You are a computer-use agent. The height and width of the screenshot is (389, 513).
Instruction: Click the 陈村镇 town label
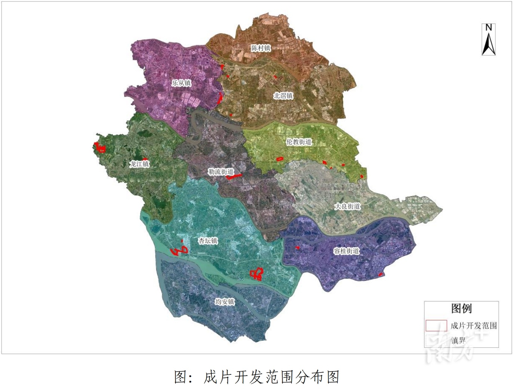(x=261, y=48)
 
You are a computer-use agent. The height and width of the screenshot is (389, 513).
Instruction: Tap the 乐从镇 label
(x=181, y=83)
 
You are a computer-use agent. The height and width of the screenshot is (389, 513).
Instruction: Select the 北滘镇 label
(x=283, y=96)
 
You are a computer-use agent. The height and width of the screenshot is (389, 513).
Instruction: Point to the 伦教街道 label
(x=299, y=142)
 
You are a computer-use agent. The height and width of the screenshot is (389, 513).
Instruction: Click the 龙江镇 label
(x=139, y=164)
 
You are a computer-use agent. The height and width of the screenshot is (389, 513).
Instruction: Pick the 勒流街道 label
(x=221, y=172)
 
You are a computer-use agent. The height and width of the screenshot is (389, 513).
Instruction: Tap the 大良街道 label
(x=347, y=206)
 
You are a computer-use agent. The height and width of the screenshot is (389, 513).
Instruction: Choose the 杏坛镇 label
(x=208, y=241)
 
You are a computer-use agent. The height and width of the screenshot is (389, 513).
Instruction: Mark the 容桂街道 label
(x=346, y=251)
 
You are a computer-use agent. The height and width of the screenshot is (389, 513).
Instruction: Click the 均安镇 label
(x=224, y=301)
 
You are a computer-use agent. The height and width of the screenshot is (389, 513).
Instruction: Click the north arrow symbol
(x=488, y=44)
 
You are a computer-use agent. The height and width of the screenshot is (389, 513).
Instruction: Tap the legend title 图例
(x=461, y=309)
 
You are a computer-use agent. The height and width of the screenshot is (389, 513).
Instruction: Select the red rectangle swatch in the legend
(x=436, y=325)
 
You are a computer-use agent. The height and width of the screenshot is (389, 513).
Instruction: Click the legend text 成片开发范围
(x=474, y=325)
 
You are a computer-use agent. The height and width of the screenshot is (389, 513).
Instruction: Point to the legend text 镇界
(x=458, y=340)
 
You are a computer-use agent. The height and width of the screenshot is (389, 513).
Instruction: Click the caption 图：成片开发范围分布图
(x=256, y=377)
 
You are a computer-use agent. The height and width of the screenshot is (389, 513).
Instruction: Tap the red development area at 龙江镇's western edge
(x=99, y=148)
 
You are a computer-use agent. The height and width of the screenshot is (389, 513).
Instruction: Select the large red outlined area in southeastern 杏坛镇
(x=256, y=274)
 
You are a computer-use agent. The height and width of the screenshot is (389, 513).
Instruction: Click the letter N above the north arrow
(x=488, y=28)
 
